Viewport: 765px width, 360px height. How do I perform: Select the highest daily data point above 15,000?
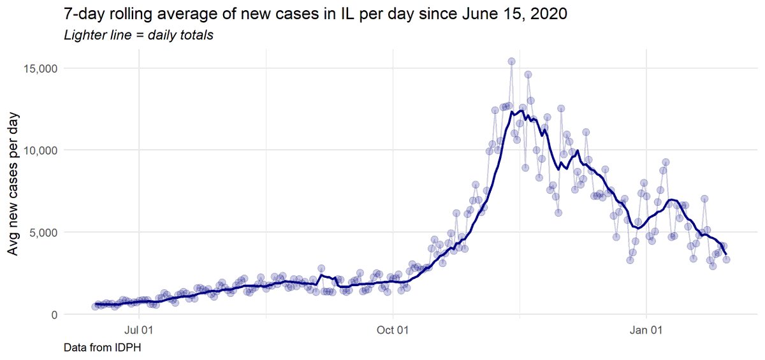511,61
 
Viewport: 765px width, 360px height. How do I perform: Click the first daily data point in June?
95,306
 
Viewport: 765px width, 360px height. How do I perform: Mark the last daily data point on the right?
726,259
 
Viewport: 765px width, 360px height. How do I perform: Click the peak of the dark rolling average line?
521,111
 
